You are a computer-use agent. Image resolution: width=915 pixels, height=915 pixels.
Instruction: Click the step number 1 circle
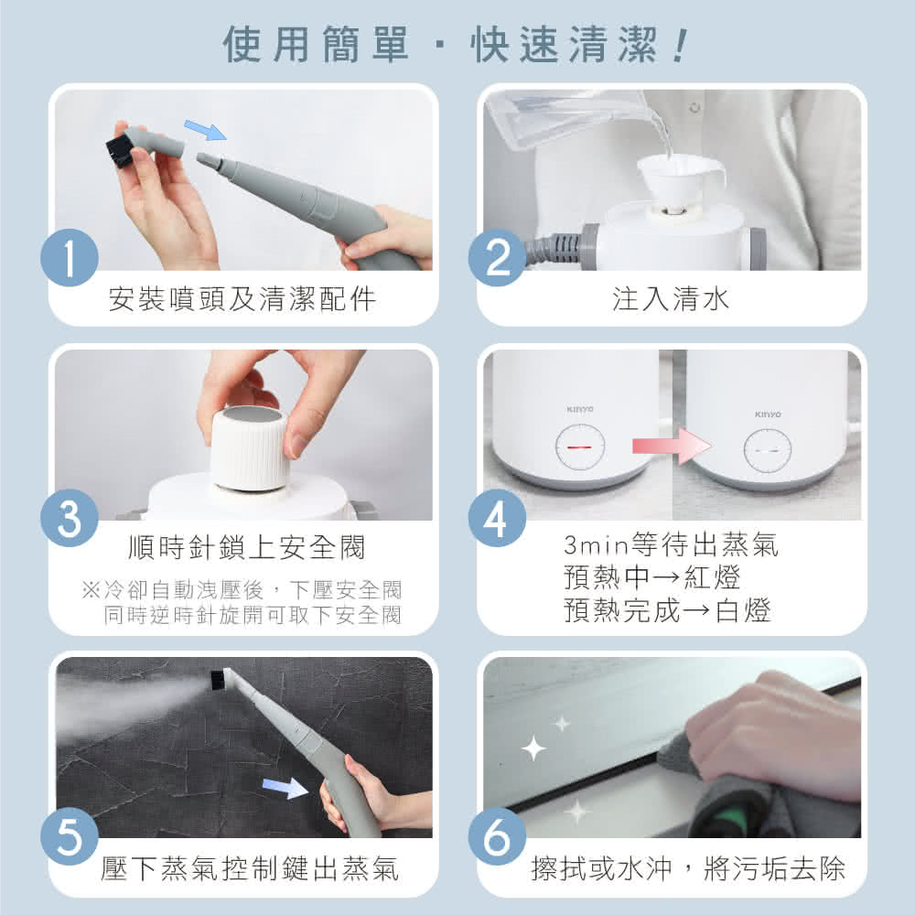coord(70,259)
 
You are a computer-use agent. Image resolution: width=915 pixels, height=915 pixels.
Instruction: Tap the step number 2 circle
coord(497,259)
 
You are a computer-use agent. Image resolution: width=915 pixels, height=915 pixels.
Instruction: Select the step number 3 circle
coord(70,519)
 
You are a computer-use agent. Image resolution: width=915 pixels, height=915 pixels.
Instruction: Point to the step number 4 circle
coord(497,519)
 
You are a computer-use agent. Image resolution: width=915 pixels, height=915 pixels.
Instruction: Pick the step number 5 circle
coord(70,837)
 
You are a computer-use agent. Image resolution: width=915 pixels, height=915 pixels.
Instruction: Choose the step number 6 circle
coord(497,837)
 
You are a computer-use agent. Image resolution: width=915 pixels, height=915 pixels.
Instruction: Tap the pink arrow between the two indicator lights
coord(671,447)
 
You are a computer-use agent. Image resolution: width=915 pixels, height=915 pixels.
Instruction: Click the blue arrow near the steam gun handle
coord(285,787)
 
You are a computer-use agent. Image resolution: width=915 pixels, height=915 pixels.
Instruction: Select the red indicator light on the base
coord(579,447)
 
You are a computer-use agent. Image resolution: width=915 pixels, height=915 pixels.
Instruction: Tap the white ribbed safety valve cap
coord(249,447)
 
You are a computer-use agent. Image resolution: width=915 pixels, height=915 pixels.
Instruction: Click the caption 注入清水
coord(671,298)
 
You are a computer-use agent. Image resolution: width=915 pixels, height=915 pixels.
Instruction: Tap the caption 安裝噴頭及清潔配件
coord(242,298)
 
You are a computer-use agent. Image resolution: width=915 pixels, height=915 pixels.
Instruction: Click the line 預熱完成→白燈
coord(668,610)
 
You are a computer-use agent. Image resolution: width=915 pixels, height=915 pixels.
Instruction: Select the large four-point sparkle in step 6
coord(533,749)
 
